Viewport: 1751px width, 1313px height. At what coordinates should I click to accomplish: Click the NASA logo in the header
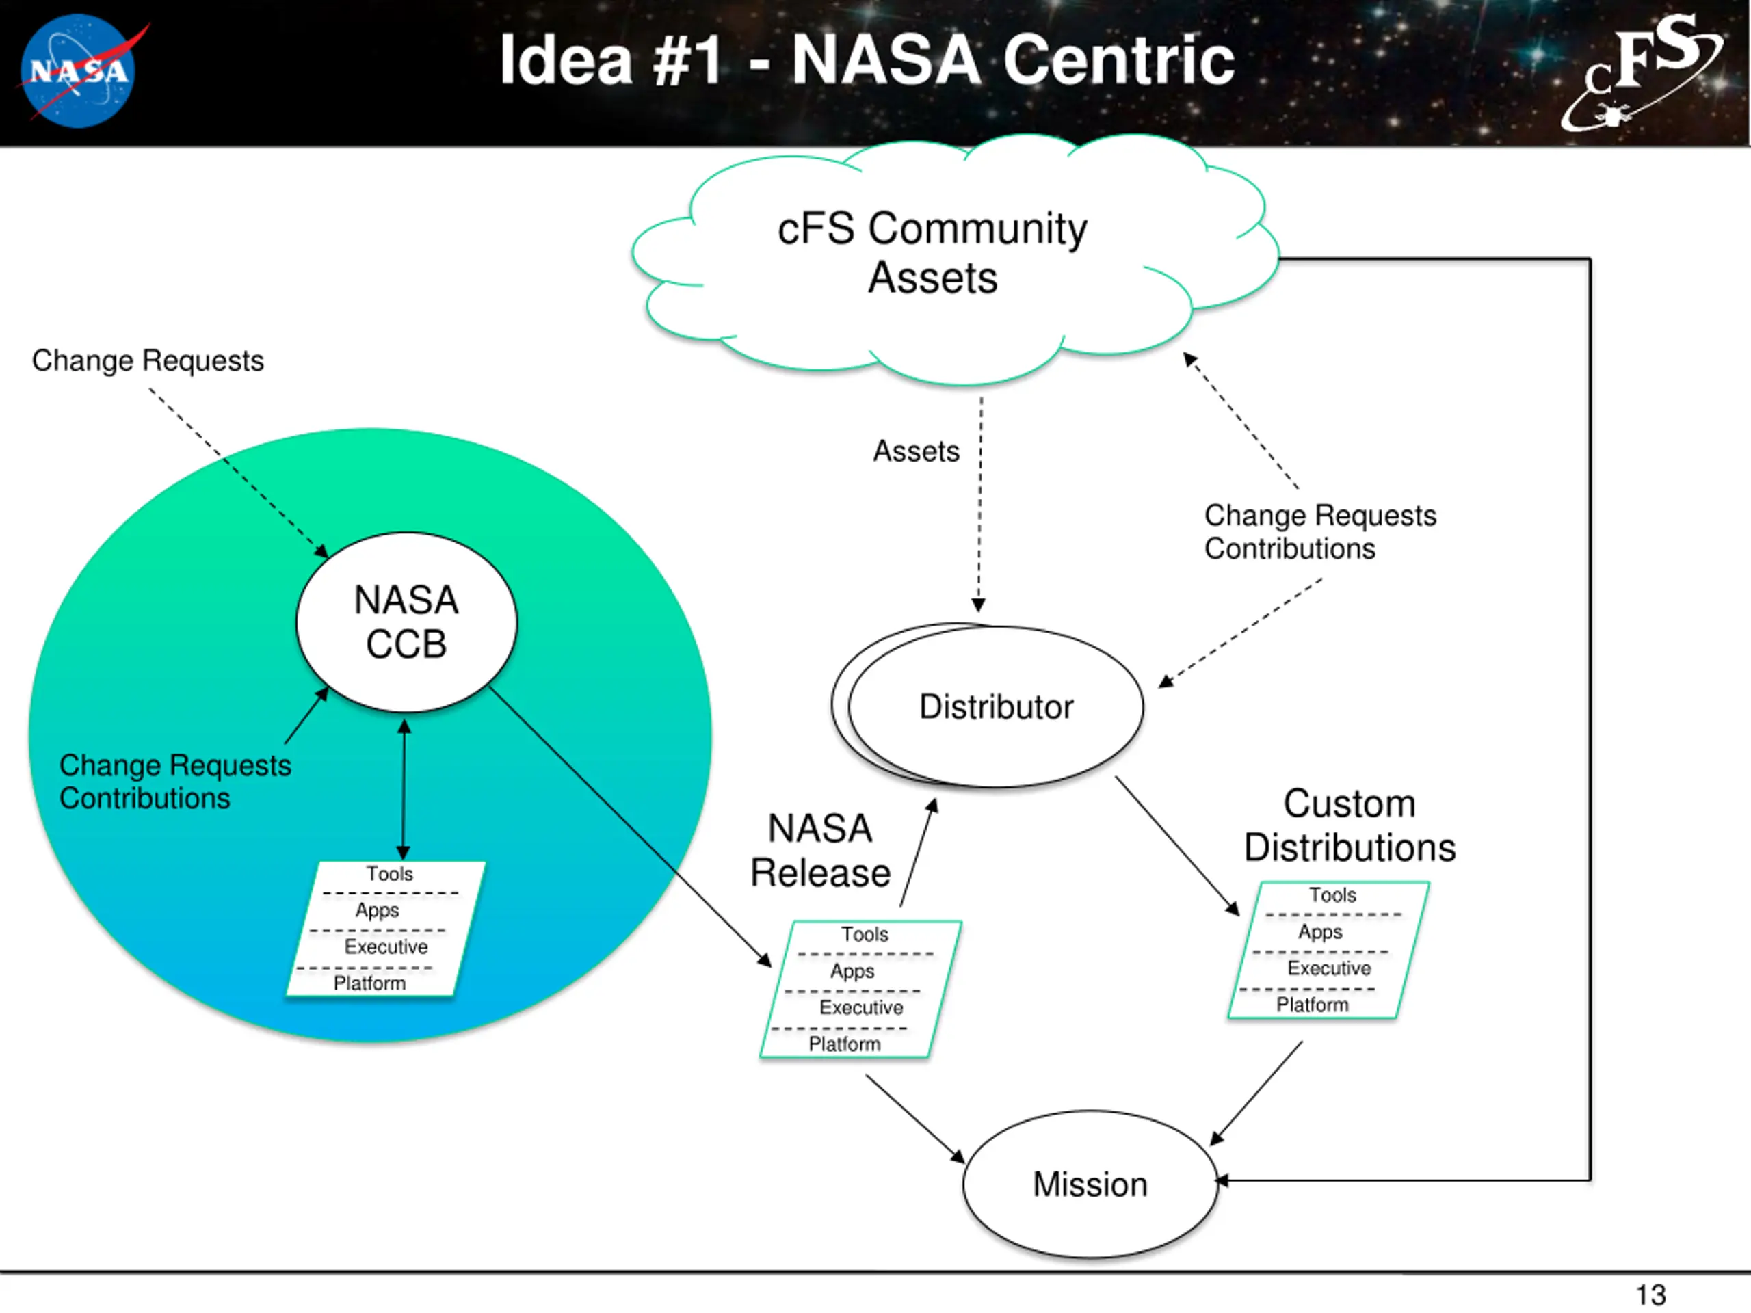[79, 71]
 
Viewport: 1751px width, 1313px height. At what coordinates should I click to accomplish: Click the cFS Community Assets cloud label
[932, 253]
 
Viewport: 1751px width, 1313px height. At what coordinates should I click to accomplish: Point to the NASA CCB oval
[406, 622]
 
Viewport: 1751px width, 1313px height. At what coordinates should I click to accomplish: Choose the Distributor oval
[996, 706]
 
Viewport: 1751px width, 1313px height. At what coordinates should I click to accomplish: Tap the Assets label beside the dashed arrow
[916, 451]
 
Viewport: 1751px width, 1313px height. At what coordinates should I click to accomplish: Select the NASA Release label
[820, 851]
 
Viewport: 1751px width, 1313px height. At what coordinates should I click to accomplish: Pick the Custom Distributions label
[1350, 825]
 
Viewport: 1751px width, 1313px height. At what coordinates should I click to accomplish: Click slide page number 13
[1650, 1295]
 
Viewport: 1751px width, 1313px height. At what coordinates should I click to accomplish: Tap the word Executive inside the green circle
[386, 946]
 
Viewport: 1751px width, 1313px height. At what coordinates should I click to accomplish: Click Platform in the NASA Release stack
[845, 1044]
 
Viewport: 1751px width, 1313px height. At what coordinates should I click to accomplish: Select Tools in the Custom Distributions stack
[1332, 895]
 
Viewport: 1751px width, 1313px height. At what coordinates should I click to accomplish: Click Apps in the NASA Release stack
[852, 971]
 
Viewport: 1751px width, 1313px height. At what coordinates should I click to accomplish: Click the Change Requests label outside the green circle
[148, 361]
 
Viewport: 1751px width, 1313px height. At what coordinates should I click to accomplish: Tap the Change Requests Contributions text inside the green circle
[175, 782]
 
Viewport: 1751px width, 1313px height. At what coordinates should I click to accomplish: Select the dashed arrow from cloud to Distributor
[980, 507]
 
